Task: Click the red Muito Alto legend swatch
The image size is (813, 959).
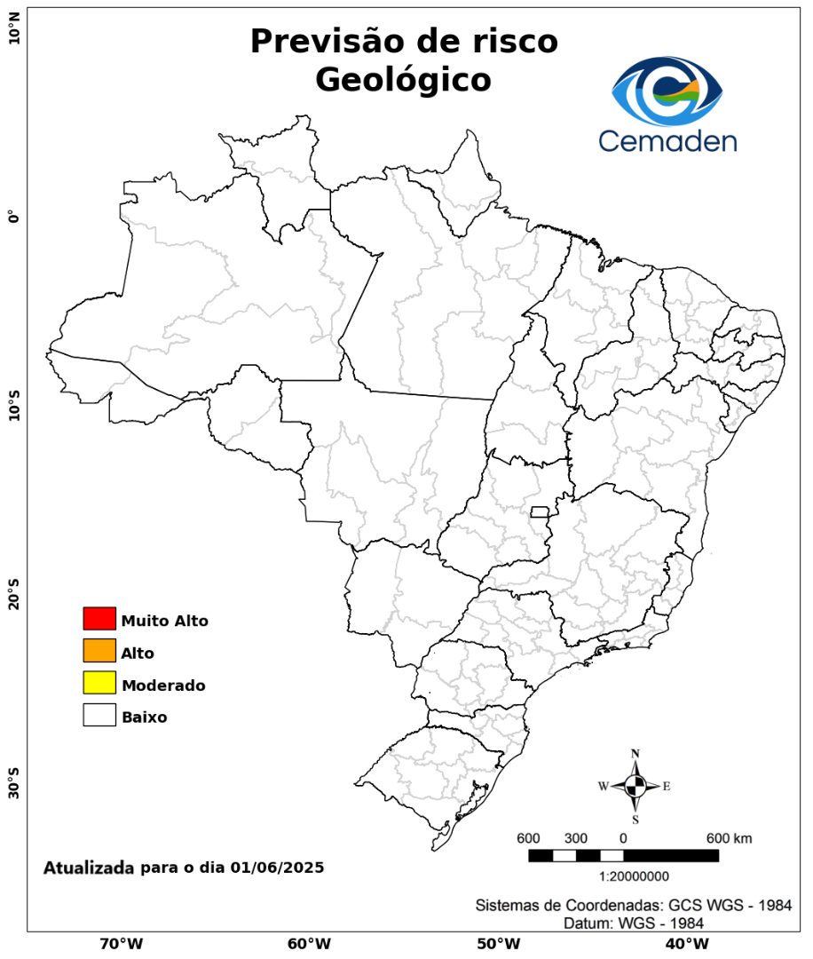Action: pos(99,618)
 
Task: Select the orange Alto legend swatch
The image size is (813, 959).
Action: pos(99,651)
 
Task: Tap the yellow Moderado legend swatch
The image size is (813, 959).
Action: pos(99,683)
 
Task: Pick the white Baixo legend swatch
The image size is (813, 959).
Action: pos(99,715)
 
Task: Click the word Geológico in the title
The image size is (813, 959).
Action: pos(403,80)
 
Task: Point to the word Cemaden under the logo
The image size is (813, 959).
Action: pos(667,140)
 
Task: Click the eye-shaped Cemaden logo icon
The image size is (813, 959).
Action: pos(667,91)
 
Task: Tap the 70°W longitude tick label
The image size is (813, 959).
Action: pos(121,943)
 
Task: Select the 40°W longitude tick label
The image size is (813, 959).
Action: pos(685,943)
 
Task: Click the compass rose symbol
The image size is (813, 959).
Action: pos(635,786)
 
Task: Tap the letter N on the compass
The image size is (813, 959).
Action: pos(635,754)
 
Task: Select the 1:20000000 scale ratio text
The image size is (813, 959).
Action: pos(635,876)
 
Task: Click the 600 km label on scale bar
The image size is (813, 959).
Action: pos(729,838)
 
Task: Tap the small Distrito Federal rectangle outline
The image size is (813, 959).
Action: pos(540,511)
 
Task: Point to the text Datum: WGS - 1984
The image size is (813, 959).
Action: pos(634,923)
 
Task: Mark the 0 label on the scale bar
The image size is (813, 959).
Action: pos(623,838)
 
